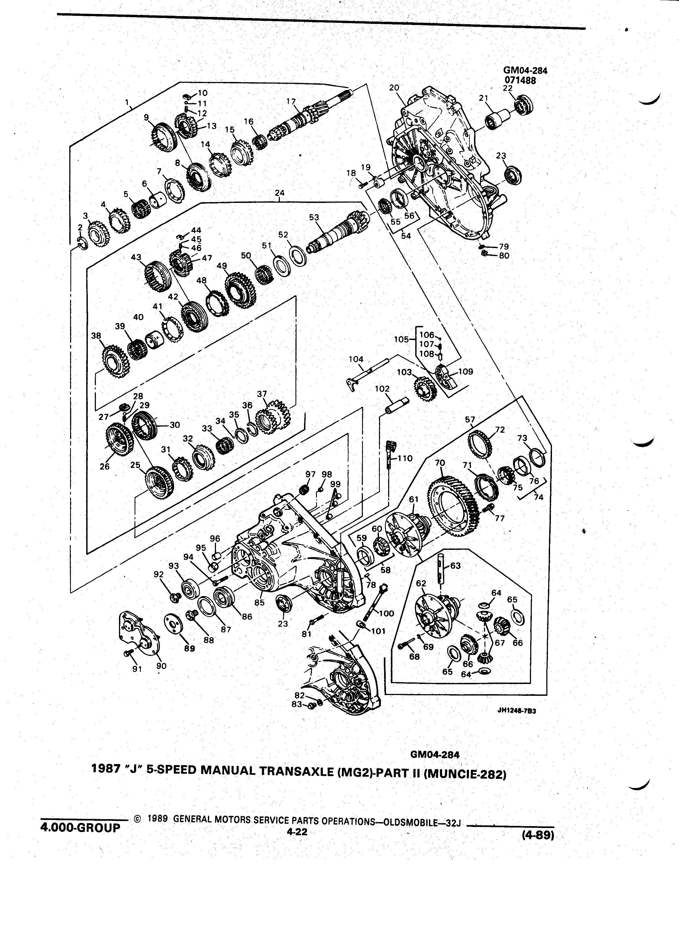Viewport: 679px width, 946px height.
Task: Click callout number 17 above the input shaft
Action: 291,101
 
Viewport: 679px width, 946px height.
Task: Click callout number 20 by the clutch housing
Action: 394,88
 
